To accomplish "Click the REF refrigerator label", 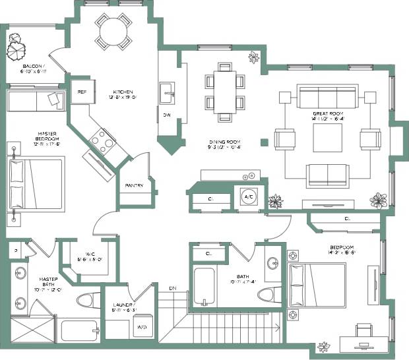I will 82,92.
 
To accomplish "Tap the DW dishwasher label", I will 166,115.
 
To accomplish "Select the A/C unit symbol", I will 249,197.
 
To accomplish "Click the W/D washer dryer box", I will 142,327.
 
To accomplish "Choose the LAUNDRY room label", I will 125,306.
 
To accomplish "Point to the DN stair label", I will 173,289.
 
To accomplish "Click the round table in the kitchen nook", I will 112,31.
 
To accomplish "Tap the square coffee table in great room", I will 327,139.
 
